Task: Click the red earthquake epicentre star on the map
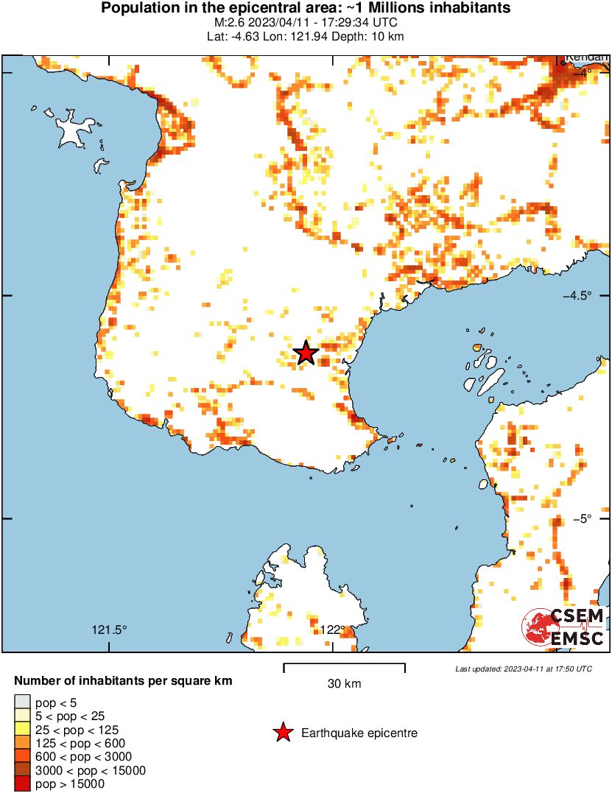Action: (306, 353)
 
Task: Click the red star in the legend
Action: (283, 733)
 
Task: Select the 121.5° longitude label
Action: (109, 630)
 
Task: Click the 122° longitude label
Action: (333, 630)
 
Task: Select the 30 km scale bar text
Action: (344, 684)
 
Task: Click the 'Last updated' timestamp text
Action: (523, 669)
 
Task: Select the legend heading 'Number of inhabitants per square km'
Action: (123, 681)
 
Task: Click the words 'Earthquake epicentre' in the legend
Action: (359, 733)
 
